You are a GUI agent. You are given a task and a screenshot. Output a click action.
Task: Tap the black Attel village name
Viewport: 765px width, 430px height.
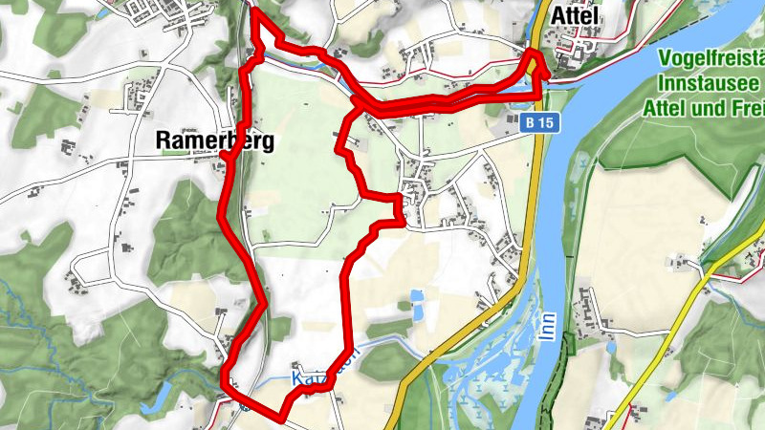click(575, 16)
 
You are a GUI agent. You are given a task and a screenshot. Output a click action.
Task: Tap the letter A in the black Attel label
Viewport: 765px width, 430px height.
click(557, 16)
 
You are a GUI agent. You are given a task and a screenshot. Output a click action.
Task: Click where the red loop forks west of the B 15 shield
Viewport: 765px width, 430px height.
click(359, 103)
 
